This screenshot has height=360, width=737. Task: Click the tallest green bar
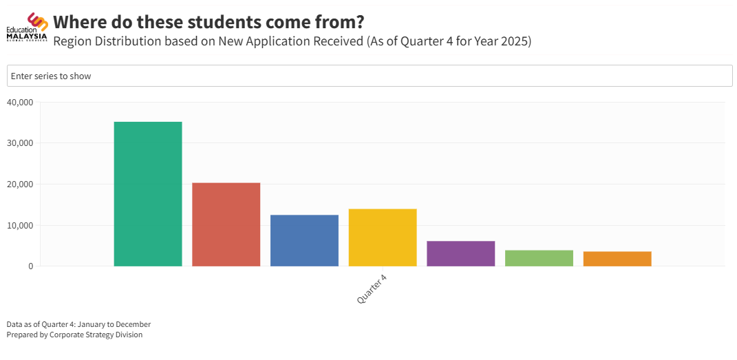point(148,193)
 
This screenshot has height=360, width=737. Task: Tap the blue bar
point(304,240)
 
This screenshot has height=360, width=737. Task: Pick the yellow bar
point(383,237)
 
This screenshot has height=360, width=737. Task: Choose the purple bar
point(460,253)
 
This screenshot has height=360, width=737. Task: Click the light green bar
point(539,258)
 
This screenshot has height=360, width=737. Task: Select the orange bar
point(617,259)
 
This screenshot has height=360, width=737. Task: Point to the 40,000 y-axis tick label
point(19,103)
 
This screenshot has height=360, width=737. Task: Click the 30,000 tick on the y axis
point(19,143)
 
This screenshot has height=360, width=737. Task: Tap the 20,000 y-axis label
point(19,184)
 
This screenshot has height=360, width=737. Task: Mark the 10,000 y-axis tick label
point(19,225)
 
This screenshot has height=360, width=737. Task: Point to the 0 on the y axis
point(30,266)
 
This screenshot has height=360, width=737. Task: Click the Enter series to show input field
point(370,76)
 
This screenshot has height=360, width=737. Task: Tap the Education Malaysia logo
point(28,27)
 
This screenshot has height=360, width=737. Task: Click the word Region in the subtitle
point(72,41)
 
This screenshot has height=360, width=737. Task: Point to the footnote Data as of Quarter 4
point(78,324)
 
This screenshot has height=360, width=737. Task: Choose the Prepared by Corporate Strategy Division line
point(74,335)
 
